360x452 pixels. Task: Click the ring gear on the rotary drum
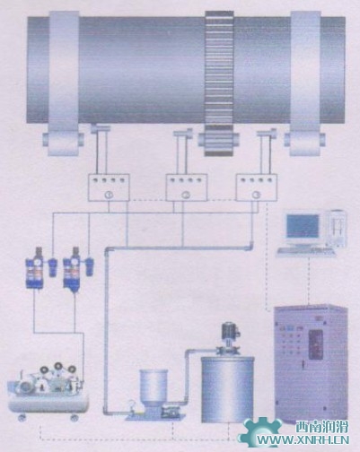click(x=219, y=83)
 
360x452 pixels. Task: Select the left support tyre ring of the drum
click(x=64, y=83)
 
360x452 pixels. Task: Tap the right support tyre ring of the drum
click(x=305, y=83)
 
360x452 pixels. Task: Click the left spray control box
click(x=109, y=187)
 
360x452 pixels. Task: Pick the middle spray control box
click(x=187, y=187)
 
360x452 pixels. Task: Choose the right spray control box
click(x=257, y=187)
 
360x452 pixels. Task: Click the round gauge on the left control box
click(x=108, y=195)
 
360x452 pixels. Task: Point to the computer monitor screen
click(x=303, y=225)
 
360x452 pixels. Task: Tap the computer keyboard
click(x=306, y=252)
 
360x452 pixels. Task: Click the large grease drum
click(x=227, y=389)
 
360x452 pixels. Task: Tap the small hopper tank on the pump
click(x=154, y=387)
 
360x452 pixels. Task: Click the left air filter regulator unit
click(x=35, y=268)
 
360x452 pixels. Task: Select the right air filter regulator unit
click(x=72, y=268)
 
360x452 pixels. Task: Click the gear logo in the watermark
click(x=260, y=433)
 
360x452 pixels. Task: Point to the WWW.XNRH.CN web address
click(x=303, y=440)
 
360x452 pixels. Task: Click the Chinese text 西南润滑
click(x=321, y=427)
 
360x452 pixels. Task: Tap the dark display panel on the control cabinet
click(x=315, y=344)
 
